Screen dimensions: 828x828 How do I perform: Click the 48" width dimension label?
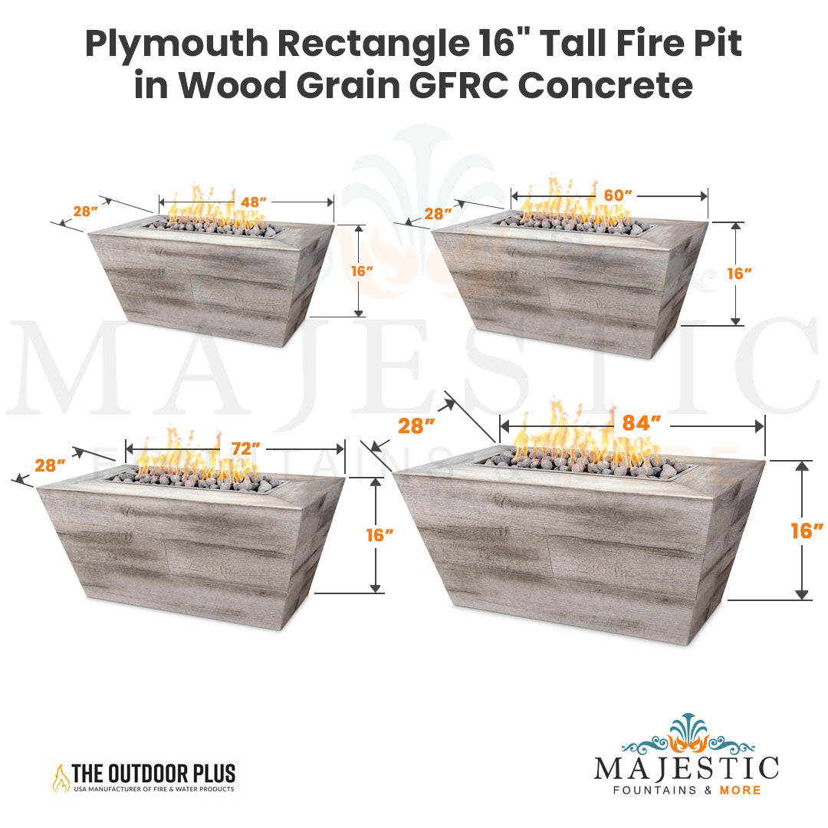point(254,202)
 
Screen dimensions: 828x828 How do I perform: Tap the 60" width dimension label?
point(618,195)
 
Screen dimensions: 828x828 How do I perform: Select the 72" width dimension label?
point(245,449)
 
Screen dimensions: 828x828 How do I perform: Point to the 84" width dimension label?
point(642,423)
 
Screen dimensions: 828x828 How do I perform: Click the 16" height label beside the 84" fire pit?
point(807,531)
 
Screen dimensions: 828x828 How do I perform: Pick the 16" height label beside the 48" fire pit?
point(362,271)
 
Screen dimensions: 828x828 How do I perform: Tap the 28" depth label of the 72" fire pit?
point(50,465)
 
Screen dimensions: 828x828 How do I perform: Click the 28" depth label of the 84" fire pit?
point(416,426)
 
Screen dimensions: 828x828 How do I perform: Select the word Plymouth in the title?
point(177,44)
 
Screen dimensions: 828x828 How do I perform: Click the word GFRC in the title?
point(458,86)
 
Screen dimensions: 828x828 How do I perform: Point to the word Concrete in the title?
point(605,86)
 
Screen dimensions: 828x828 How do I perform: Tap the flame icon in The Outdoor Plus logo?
point(61,778)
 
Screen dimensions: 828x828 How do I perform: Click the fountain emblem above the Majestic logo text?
point(688,734)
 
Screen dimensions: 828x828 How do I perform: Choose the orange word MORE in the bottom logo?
point(740,790)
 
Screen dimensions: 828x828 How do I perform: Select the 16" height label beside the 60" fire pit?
point(739,274)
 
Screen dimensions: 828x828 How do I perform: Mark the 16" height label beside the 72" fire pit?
point(380,535)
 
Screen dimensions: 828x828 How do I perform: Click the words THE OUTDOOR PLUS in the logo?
point(153,774)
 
